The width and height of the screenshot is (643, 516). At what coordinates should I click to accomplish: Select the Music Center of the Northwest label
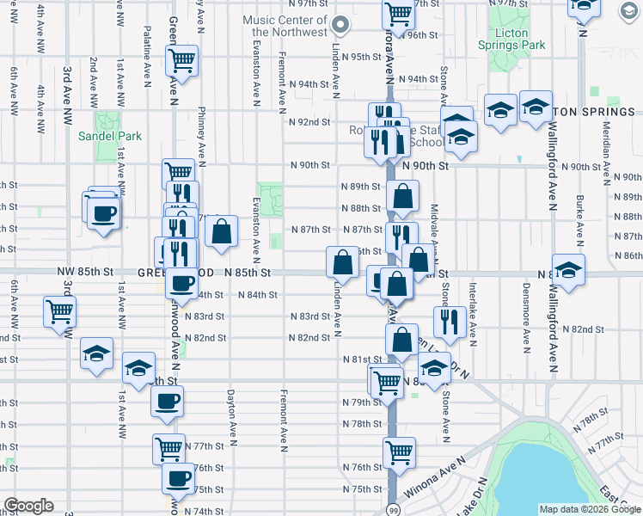click(285, 26)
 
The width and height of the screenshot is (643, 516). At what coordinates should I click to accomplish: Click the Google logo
click(28, 505)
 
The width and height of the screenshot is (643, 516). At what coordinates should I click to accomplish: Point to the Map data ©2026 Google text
click(590, 509)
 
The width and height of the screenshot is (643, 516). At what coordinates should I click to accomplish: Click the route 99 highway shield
click(392, 509)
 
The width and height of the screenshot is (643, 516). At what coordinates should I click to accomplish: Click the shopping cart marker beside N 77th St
click(169, 448)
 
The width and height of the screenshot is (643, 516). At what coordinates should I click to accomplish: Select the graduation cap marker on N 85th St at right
click(568, 269)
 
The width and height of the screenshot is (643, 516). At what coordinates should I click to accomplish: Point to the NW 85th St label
click(85, 272)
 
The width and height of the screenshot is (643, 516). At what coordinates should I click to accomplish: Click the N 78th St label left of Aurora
click(361, 424)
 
